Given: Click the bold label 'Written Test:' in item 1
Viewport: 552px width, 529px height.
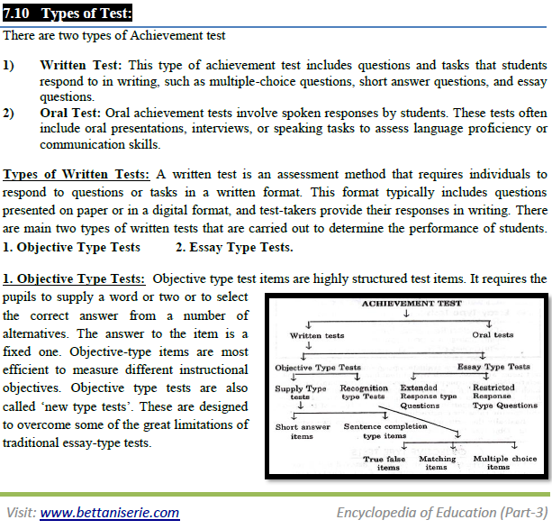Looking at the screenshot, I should click(x=83, y=66).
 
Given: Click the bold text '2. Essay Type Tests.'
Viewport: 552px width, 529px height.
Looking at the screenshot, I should click(x=234, y=247).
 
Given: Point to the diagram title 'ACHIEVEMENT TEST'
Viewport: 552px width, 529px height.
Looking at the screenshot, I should click(x=411, y=304).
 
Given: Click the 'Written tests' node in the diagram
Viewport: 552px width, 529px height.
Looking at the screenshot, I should click(x=317, y=335).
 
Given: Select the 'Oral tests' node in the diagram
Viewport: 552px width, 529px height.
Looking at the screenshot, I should click(x=493, y=335).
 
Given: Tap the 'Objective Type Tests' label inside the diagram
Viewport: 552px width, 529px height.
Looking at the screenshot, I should click(x=317, y=367).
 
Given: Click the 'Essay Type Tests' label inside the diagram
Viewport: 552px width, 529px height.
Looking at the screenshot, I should click(x=493, y=367).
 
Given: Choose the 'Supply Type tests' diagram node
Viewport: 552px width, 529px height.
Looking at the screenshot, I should click(x=301, y=393).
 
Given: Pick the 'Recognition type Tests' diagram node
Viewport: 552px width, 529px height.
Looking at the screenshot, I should click(x=364, y=393).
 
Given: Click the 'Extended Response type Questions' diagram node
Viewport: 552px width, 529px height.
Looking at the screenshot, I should click(x=427, y=397).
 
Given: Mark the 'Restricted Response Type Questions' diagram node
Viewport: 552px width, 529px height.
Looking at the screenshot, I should click(x=504, y=397).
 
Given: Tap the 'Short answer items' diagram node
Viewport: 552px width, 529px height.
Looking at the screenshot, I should click(x=302, y=431).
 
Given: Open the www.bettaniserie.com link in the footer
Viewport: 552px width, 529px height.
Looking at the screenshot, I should click(x=109, y=512).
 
